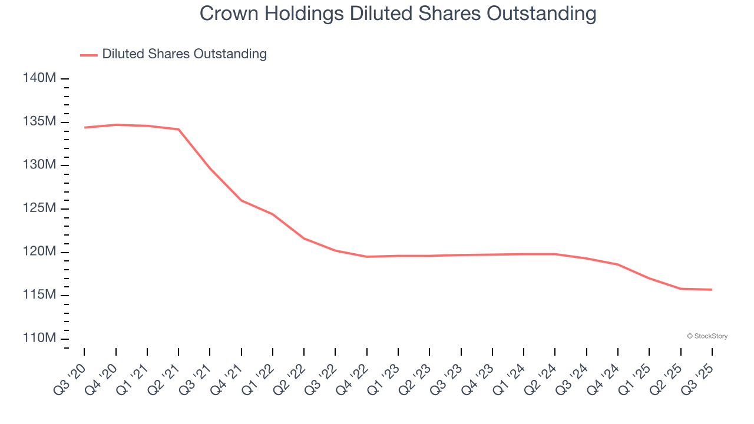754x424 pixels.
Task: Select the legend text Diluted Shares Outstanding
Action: tap(184, 54)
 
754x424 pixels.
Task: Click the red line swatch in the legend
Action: tap(89, 55)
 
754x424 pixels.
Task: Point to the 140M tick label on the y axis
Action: tap(40, 78)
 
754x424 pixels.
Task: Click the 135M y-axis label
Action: tap(40, 122)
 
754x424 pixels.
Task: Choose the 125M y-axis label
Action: tap(40, 208)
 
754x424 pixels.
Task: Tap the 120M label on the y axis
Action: tap(40, 252)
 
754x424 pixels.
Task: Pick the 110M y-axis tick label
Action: tap(40, 339)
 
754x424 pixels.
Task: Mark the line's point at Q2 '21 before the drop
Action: tap(178, 130)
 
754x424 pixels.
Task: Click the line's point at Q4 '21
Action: tap(242, 200)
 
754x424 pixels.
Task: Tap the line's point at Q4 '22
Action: tap(367, 257)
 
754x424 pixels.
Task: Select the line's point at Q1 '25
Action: tap(649, 279)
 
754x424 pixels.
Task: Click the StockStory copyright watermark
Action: tap(707, 336)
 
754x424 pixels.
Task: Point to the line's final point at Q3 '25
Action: tap(712, 289)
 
